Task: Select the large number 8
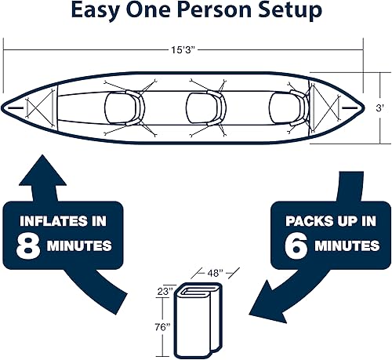(27, 245)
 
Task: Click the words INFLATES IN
(61, 221)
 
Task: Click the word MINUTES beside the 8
(80, 245)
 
